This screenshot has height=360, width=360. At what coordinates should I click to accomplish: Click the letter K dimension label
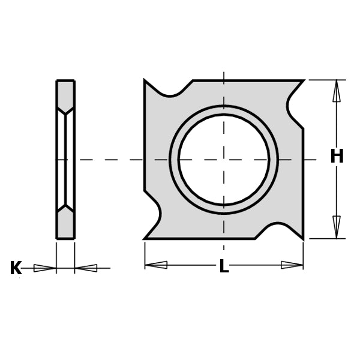[16, 268]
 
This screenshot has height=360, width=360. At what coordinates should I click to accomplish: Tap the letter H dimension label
[337, 157]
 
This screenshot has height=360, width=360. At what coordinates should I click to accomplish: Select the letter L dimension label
[224, 267]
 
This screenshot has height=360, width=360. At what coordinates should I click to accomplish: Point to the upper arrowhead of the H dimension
[337, 90]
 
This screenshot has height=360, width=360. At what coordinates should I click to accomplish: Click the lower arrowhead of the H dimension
[337, 228]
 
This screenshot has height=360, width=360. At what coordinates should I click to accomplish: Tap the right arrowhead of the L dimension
[292, 265]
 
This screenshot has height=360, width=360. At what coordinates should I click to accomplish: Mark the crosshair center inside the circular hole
[224, 160]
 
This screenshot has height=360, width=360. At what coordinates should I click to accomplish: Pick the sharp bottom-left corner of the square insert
[145, 239]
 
